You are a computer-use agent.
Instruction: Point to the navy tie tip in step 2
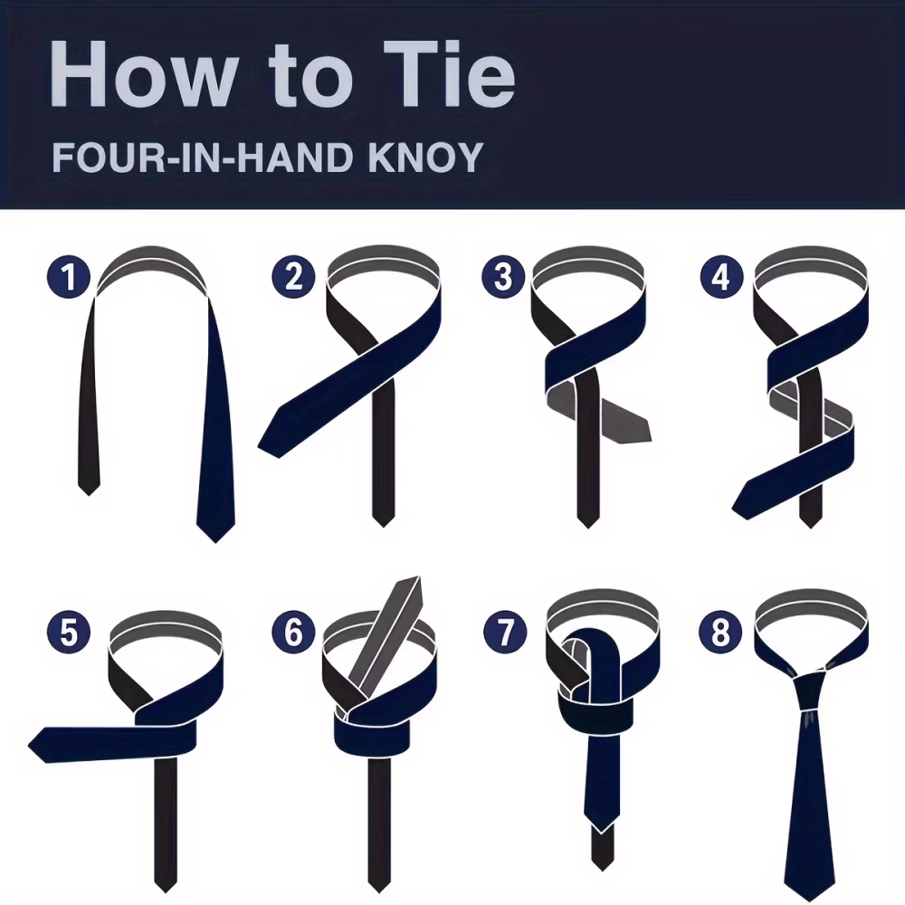pyautogui.click(x=269, y=441)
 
